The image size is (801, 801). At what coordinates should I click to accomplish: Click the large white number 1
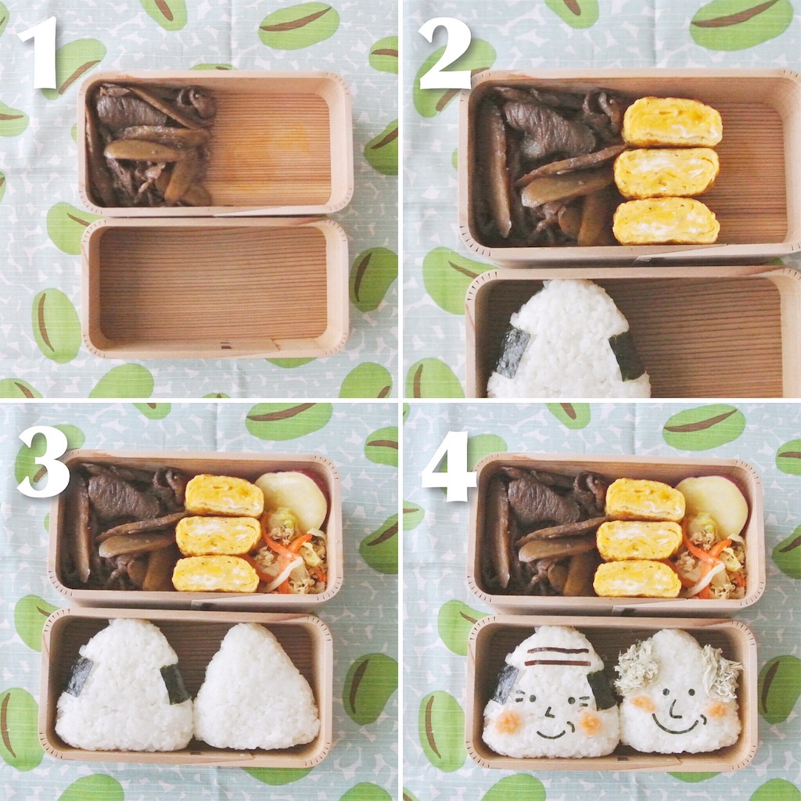coord(39,52)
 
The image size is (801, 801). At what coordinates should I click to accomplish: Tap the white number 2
coord(444,52)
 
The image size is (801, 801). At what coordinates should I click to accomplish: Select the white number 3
coord(44,462)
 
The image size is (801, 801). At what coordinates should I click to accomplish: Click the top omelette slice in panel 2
coord(672,121)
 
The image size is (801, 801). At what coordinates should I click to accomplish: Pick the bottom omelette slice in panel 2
coord(666,221)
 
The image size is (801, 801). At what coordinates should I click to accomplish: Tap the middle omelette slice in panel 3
coord(218,536)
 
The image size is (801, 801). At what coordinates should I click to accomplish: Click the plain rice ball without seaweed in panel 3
coord(257,687)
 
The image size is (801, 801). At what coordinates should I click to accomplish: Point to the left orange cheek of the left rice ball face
coord(507,721)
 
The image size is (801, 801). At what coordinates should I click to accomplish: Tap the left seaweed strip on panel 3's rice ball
coord(79,676)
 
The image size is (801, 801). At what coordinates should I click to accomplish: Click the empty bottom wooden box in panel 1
coord(215,288)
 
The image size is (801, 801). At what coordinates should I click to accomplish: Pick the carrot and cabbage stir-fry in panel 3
coord(291,559)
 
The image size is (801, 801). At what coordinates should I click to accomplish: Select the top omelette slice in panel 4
coord(645,500)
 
